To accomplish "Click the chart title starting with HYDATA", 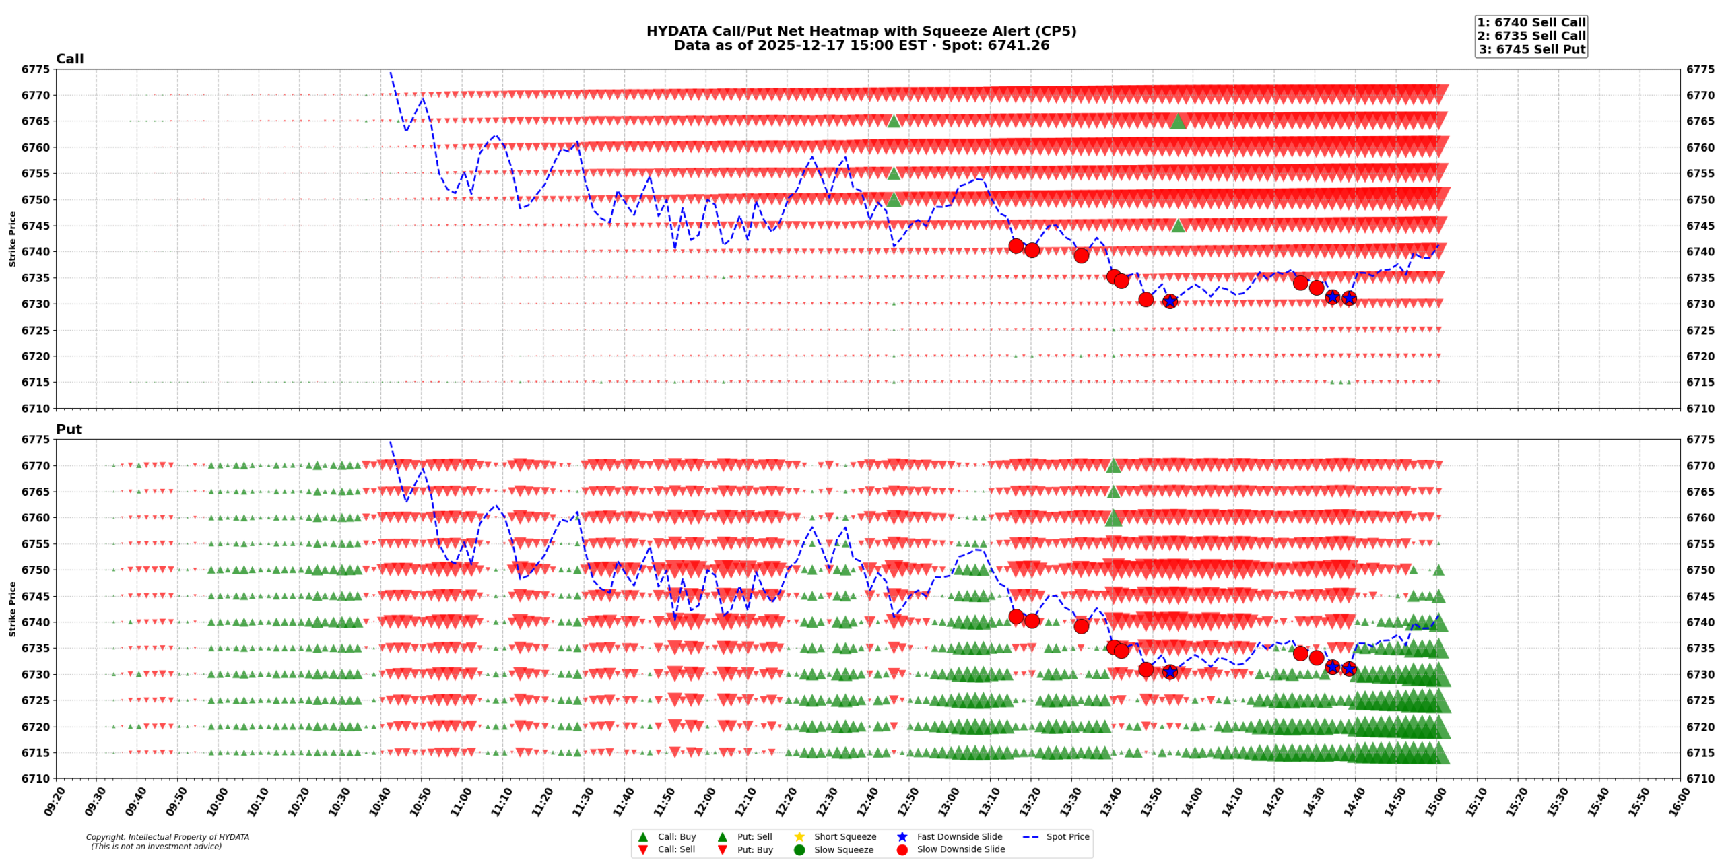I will click(861, 31).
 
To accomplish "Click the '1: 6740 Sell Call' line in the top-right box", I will click(1531, 22).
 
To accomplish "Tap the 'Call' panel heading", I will click(69, 59).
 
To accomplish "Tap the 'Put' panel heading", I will click(69, 429).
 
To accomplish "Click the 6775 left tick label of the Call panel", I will click(36, 69).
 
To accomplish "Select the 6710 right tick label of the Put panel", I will click(1700, 778).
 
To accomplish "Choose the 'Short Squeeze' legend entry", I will click(844, 836).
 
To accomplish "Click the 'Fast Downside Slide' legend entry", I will click(959, 836).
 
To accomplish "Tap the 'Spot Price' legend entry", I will click(1067, 836).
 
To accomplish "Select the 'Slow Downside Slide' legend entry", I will click(960, 849).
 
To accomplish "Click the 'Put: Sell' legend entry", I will click(754, 836).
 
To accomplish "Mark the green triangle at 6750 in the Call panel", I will click(894, 199).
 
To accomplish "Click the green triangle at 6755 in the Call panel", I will click(894, 174).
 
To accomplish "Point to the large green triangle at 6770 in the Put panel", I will click(1113, 465).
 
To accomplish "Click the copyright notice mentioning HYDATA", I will click(167, 841).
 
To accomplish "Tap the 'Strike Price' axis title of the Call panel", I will click(12, 238).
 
